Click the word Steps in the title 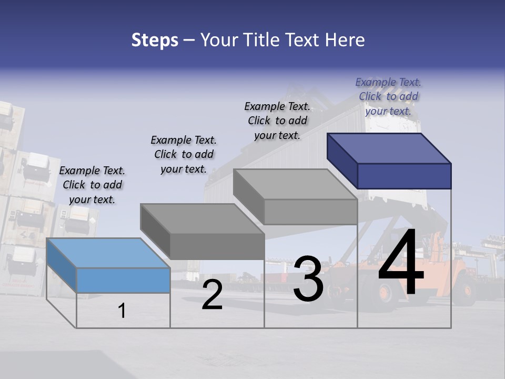click(x=155, y=40)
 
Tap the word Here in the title click(x=345, y=40)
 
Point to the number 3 click(x=308, y=279)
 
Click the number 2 click(x=212, y=295)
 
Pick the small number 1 click(x=122, y=311)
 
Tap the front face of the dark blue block click(x=404, y=176)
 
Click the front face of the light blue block click(x=123, y=280)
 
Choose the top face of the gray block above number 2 click(x=202, y=218)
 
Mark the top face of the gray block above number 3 click(x=295, y=184)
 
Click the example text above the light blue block click(x=92, y=185)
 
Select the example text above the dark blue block click(x=388, y=96)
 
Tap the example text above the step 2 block click(x=184, y=154)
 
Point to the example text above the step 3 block click(x=277, y=121)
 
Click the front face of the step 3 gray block click(x=310, y=212)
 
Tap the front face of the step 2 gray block click(x=217, y=246)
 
